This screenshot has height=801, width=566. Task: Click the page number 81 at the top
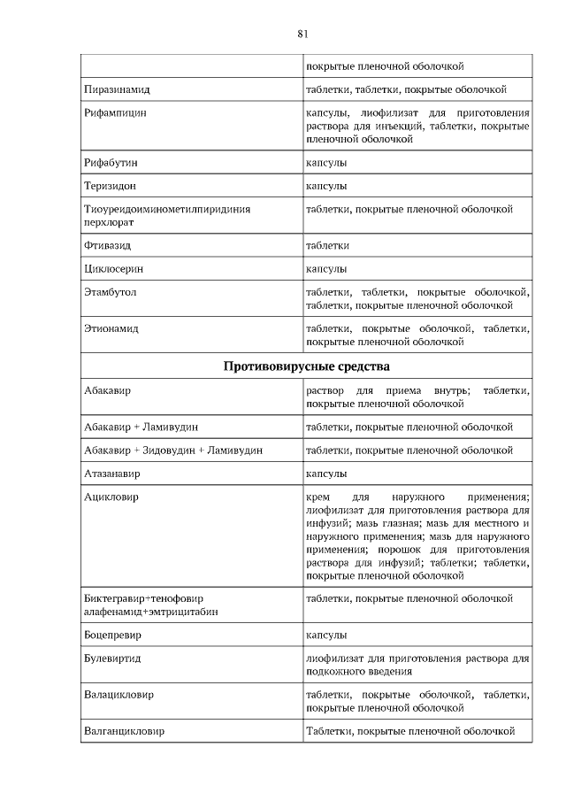click(x=302, y=34)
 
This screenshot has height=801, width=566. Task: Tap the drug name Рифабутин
click(x=111, y=163)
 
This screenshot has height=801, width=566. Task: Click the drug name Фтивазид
click(x=107, y=245)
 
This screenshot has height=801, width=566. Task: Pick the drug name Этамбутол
click(x=110, y=291)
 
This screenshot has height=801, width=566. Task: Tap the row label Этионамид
click(x=111, y=328)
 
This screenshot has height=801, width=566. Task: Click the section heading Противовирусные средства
click(x=307, y=366)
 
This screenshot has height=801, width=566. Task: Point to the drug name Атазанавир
click(x=112, y=474)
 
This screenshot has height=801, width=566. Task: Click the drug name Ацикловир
click(x=111, y=497)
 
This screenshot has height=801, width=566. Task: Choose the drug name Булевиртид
click(x=112, y=659)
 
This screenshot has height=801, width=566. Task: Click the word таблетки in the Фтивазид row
click(x=327, y=245)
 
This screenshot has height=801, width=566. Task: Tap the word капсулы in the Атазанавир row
click(x=326, y=474)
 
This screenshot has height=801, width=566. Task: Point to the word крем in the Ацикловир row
click(x=317, y=497)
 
